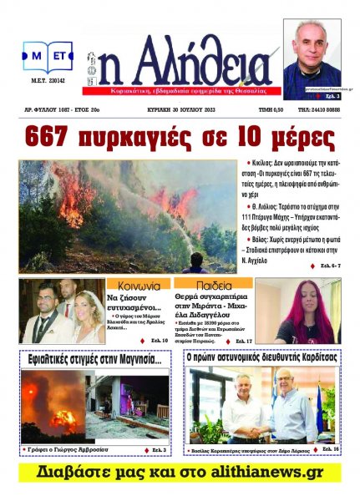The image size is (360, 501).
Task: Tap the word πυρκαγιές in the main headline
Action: pyautogui.click(x=164, y=137)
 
